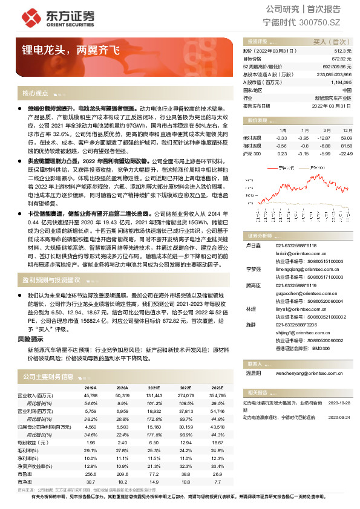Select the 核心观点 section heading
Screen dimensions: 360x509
(x=35, y=94)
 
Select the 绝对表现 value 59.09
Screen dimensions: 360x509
(x=346, y=138)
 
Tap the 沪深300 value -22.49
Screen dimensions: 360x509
(x=345, y=154)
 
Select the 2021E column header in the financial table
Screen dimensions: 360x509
(x=154, y=387)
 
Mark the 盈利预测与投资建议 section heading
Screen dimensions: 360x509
(x=51, y=280)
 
